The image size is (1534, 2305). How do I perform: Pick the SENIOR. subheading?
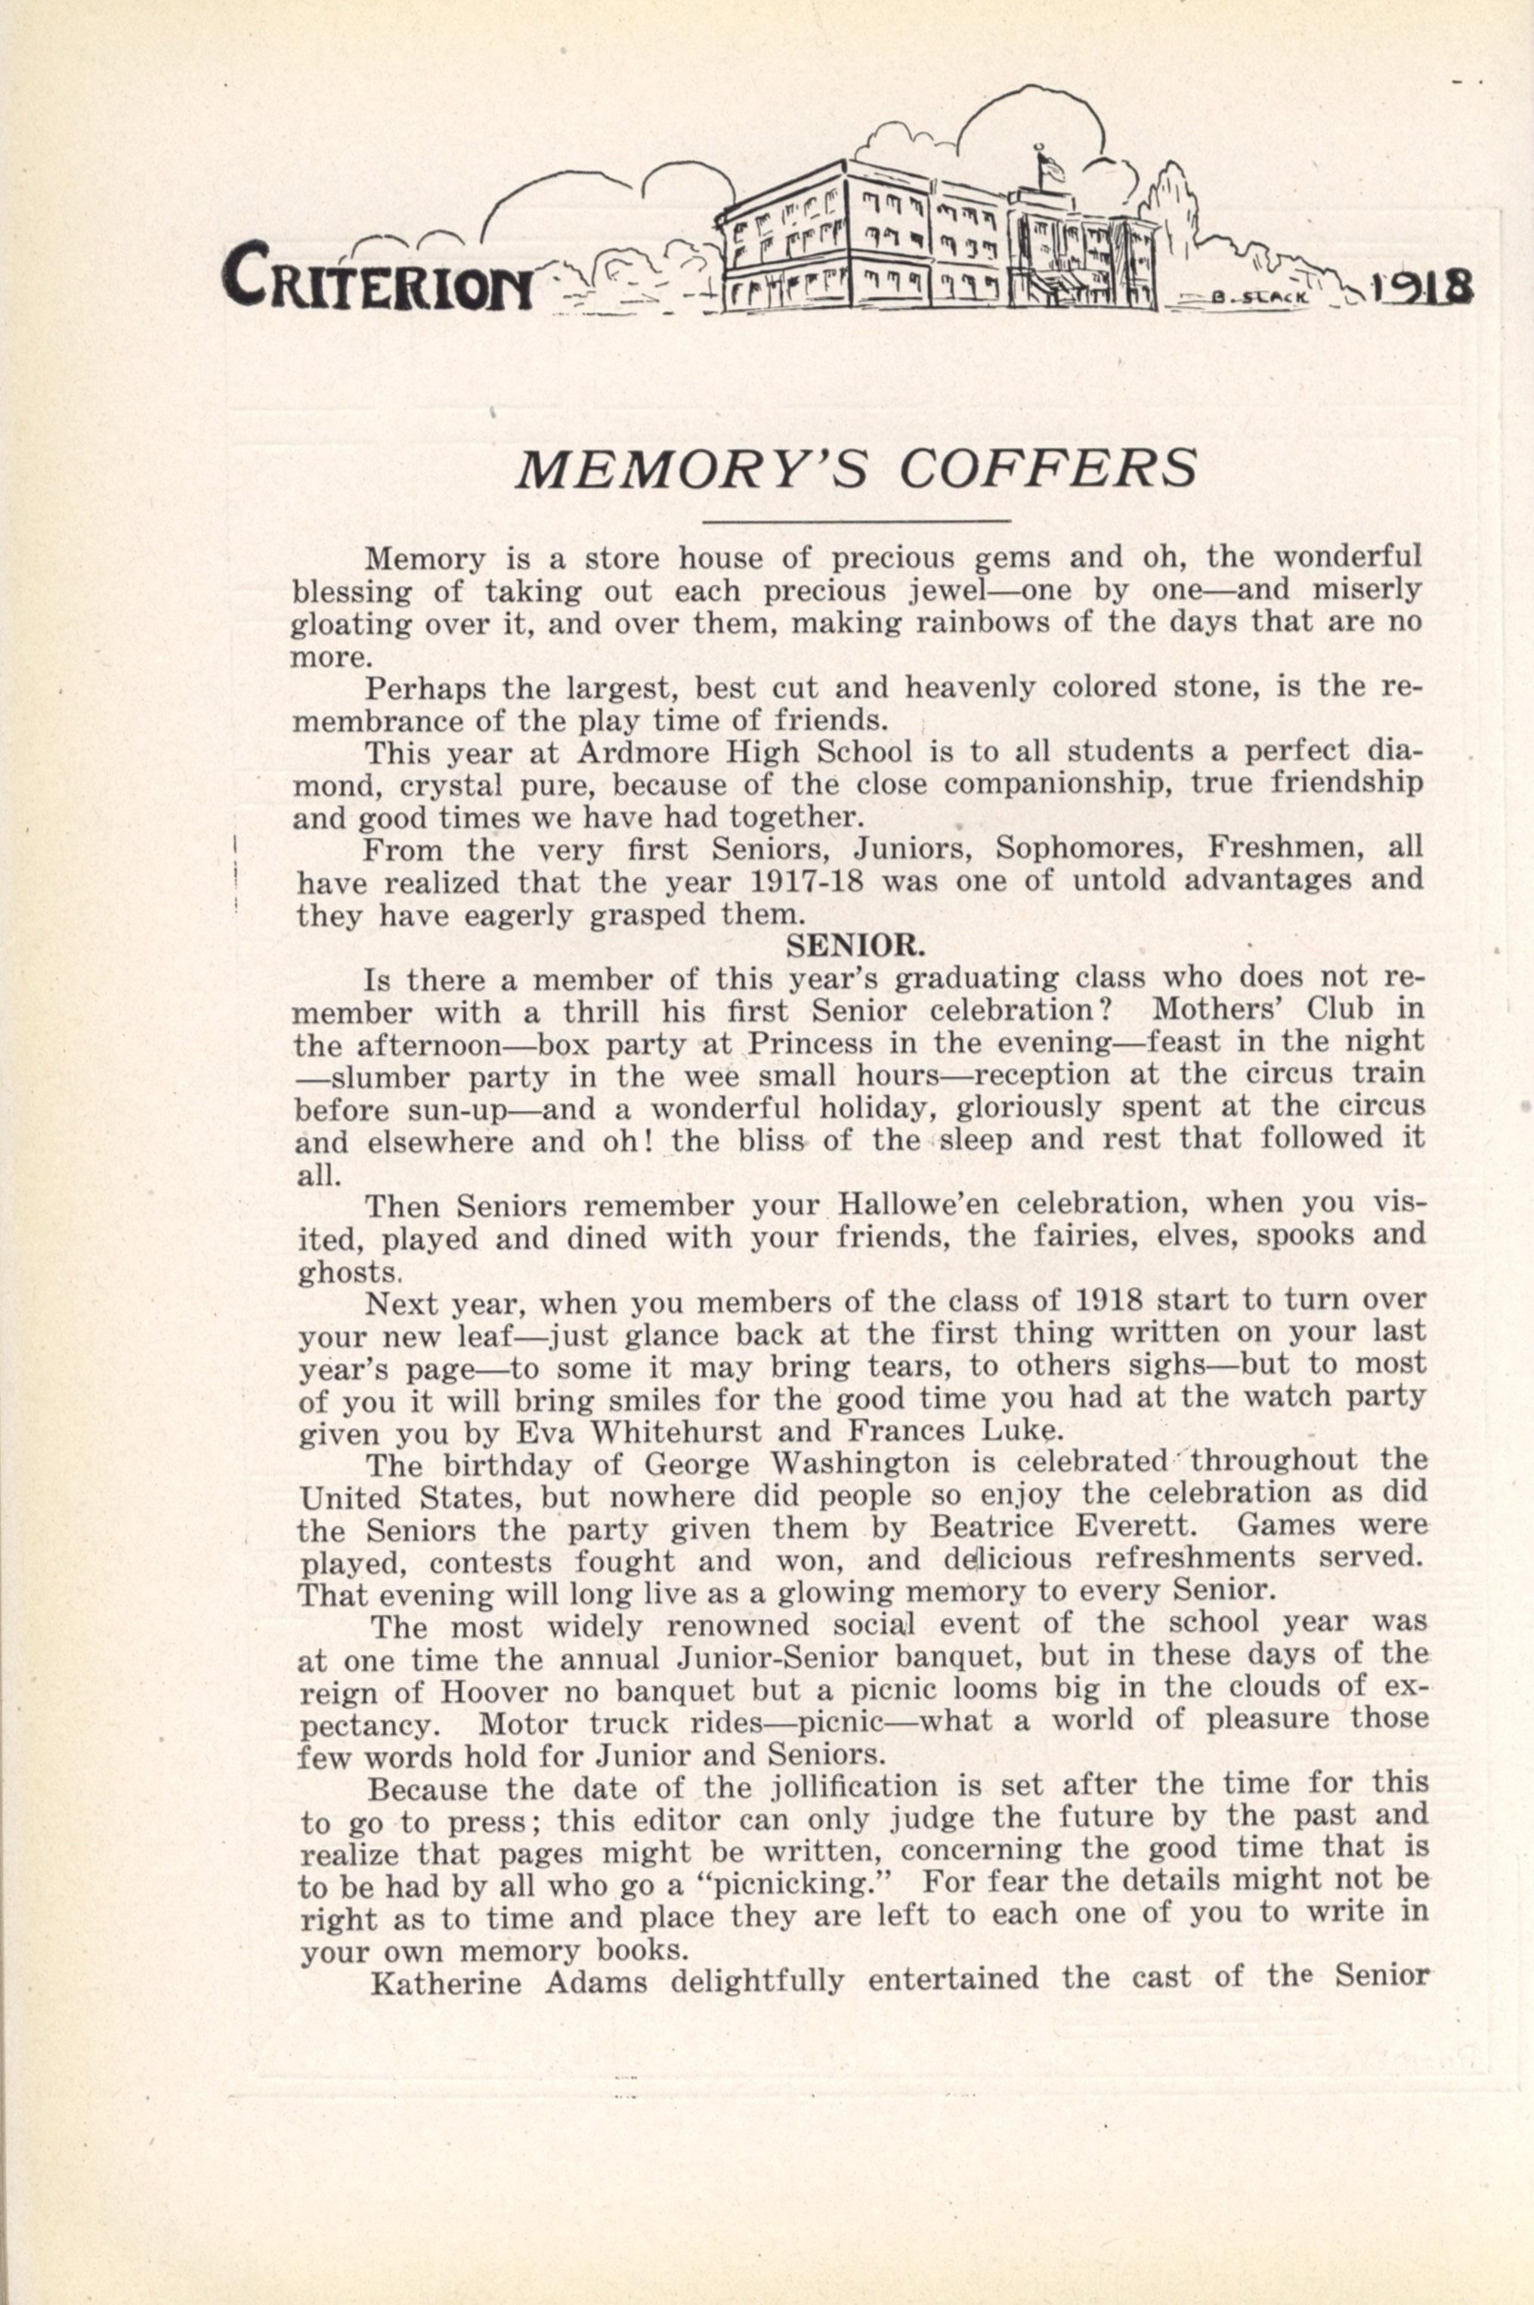coord(857,946)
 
